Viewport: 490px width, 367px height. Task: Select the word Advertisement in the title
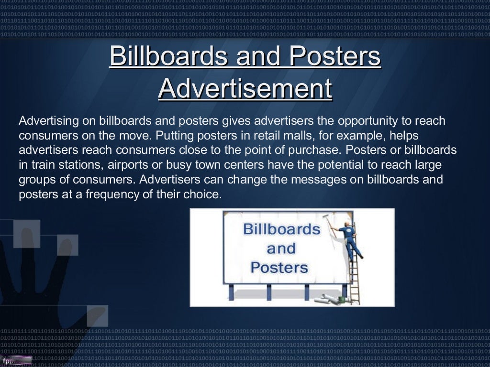tap(245, 88)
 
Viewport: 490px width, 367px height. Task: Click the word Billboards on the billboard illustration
tap(281, 229)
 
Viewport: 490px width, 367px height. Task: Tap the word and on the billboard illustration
tap(281, 248)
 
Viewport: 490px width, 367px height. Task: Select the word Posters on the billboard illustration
tap(279, 267)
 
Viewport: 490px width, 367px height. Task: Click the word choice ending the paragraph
tap(206, 195)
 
